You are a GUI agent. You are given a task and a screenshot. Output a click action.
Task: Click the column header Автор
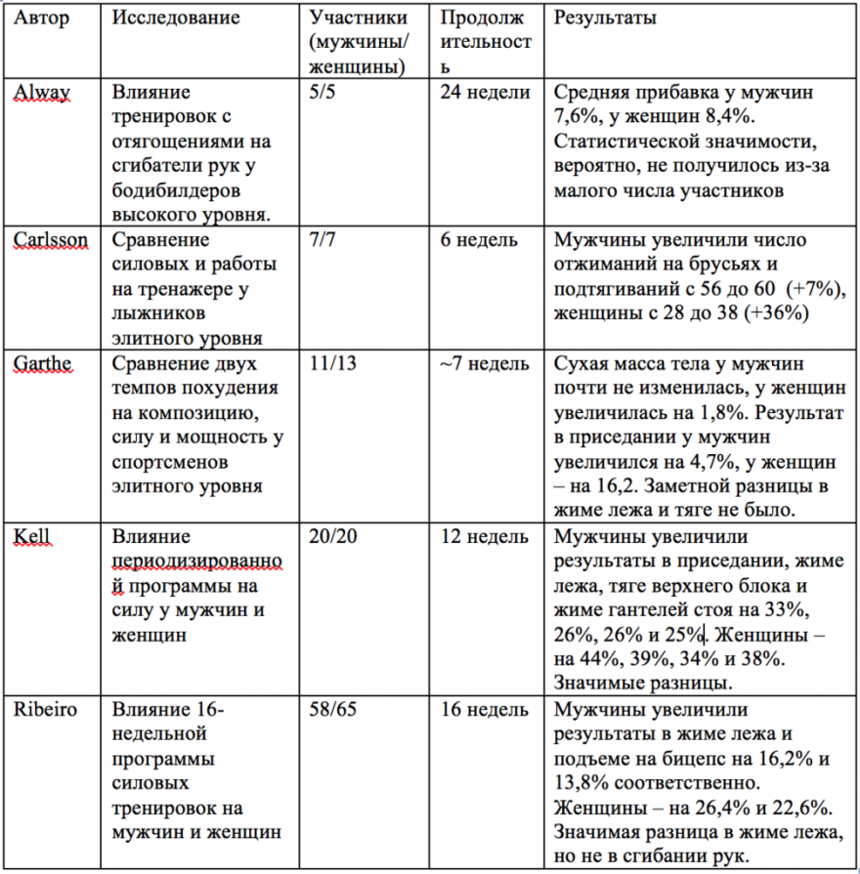42,20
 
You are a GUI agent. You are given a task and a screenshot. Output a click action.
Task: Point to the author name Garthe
42,364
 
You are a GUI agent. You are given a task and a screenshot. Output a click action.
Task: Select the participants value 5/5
322,94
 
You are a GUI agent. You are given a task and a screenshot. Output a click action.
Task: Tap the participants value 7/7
322,240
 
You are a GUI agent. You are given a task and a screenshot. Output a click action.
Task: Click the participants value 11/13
330,364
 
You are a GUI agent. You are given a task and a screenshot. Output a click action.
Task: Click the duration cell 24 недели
485,94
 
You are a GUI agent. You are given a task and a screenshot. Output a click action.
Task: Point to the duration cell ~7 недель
485,364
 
